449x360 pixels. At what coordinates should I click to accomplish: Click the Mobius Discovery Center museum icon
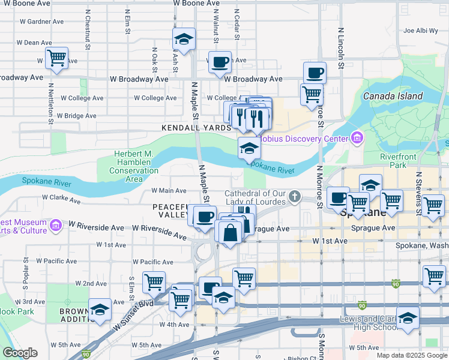[x=357, y=139]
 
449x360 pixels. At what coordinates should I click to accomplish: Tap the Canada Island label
[x=393, y=96]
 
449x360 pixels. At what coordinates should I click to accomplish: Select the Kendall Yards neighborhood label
[x=196, y=128]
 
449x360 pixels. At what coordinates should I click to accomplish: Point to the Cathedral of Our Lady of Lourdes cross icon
[x=295, y=196]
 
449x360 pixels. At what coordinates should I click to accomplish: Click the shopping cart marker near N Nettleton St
[x=56, y=59]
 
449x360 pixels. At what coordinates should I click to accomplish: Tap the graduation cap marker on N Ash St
[x=184, y=40]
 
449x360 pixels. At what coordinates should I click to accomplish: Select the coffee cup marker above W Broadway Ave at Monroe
[x=315, y=73]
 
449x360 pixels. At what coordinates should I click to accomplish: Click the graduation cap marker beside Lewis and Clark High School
[x=408, y=318]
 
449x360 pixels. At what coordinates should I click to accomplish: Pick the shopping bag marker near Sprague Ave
[x=231, y=232]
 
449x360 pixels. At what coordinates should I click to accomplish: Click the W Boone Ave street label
[x=196, y=3]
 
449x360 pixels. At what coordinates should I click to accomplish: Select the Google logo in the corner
[x=20, y=353]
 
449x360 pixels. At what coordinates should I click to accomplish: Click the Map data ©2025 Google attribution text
[x=411, y=355]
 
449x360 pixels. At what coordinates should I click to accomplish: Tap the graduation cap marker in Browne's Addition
[x=100, y=310]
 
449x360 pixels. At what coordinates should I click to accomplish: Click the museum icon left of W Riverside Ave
[x=55, y=226]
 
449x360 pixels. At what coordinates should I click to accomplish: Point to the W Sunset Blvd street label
[x=133, y=314]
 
